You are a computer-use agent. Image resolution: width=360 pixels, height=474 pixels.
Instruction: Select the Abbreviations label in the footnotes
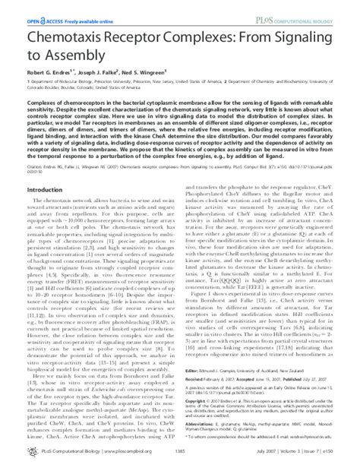[x=201, y=440]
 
